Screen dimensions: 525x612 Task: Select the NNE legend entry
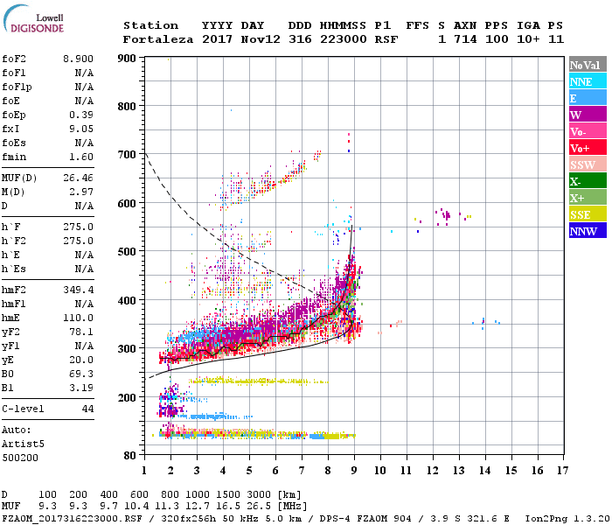[x=581, y=81]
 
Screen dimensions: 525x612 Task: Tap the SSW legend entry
[x=582, y=164]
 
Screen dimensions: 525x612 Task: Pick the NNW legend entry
[x=583, y=231]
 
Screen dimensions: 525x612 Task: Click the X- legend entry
[x=576, y=181]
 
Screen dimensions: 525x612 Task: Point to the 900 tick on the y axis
[x=128, y=59]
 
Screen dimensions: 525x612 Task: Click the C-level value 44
[x=87, y=409]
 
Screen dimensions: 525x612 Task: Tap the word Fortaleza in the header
[x=157, y=39]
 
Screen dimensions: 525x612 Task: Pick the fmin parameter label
[x=16, y=157]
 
